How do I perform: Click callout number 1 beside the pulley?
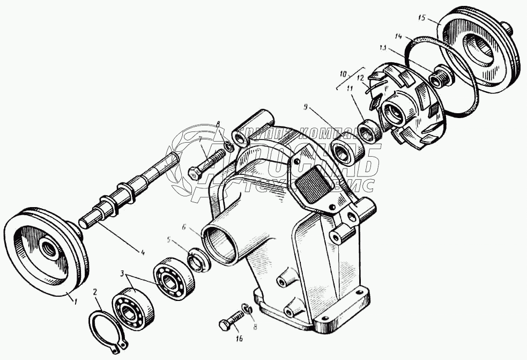click(76, 302)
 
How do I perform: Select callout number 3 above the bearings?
click(124, 274)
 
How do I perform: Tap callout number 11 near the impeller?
click(350, 89)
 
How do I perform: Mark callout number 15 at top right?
click(421, 18)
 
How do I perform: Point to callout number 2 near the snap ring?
click(95, 292)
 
